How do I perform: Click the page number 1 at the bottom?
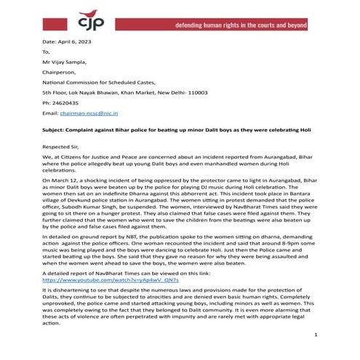[x=316, y=334]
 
